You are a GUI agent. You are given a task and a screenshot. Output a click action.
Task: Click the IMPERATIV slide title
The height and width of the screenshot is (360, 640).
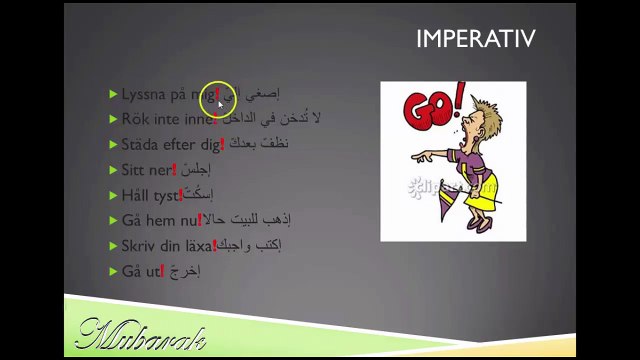click(x=475, y=39)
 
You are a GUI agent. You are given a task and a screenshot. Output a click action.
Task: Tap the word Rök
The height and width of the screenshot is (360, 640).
click(x=135, y=119)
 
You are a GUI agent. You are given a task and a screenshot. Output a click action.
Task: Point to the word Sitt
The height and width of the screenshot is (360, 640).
click(x=132, y=169)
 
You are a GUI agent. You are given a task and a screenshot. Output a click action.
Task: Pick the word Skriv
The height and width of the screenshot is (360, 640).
click(x=138, y=245)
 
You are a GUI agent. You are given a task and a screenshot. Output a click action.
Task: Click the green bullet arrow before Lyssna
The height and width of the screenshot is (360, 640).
click(x=114, y=94)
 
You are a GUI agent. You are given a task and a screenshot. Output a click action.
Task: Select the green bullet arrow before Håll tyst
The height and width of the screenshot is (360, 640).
click(x=114, y=195)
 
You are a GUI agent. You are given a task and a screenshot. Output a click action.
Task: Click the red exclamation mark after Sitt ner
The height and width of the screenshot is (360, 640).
click(x=174, y=168)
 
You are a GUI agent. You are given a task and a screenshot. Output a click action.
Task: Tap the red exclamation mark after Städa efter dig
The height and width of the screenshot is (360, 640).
click(x=222, y=143)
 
